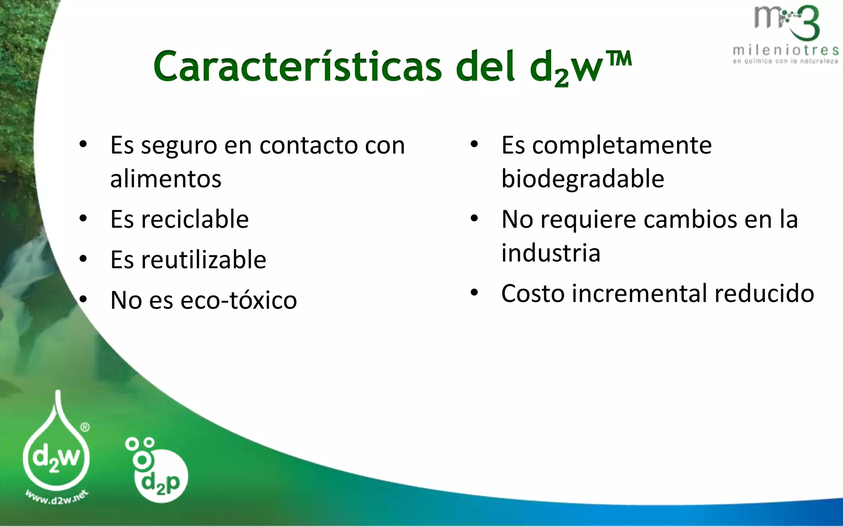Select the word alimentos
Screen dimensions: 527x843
166,179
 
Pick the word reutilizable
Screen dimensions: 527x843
203,260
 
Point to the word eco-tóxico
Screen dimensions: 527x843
238,300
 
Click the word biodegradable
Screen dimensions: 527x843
582,179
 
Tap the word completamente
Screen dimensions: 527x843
622,146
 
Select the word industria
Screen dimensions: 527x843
551,253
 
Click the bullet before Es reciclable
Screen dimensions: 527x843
83,219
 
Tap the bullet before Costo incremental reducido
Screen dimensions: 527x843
474,293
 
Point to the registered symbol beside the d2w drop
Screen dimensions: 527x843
85,427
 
